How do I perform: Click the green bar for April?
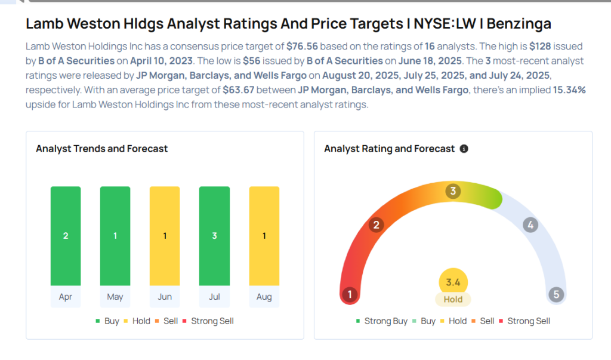[x=66, y=236]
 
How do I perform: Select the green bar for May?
[x=115, y=236]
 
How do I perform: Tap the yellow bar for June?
[x=165, y=236]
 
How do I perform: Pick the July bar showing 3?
[x=214, y=236]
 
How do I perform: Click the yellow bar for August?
[x=264, y=236]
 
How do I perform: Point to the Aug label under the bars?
[x=264, y=297]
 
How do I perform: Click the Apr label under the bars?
[x=66, y=297]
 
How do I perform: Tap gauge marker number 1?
[x=350, y=294]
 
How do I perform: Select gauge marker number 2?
[x=376, y=225]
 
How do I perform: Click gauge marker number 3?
[x=453, y=192]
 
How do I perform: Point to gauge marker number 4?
[x=530, y=225]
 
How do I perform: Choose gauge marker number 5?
[x=556, y=294]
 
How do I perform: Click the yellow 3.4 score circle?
[x=453, y=282]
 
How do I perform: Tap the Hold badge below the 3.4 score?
[x=453, y=300]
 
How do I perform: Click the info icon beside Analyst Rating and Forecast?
[x=464, y=149]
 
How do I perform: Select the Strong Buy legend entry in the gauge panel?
[x=381, y=321]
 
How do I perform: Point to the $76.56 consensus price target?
[x=303, y=46]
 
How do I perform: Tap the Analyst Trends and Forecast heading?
[x=102, y=149]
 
